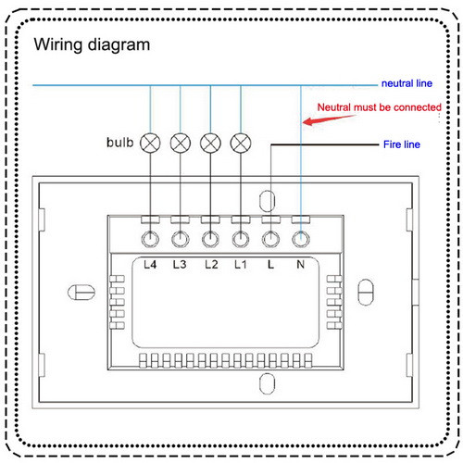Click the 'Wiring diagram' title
coord(92,45)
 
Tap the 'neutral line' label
coord(407,83)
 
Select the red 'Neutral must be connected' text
coord(380,107)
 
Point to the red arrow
coord(329,119)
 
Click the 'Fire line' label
coord(402,144)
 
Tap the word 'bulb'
coord(120,143)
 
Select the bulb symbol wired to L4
coord(150,144)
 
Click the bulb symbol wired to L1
coord(241,144)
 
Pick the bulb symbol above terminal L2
coord(210,144)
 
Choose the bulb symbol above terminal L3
coord(181,144)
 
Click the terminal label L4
coord(150,265)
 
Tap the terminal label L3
coord(180,265)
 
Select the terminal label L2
coord(211,265)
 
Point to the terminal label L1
coord(241,265)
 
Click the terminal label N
coord(301,265)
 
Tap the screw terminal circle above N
coord(301,239)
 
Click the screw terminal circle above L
coord(270,239)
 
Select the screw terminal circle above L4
coord(150,239)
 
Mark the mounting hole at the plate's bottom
coord(268,383)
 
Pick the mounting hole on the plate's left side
coord(81,293)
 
